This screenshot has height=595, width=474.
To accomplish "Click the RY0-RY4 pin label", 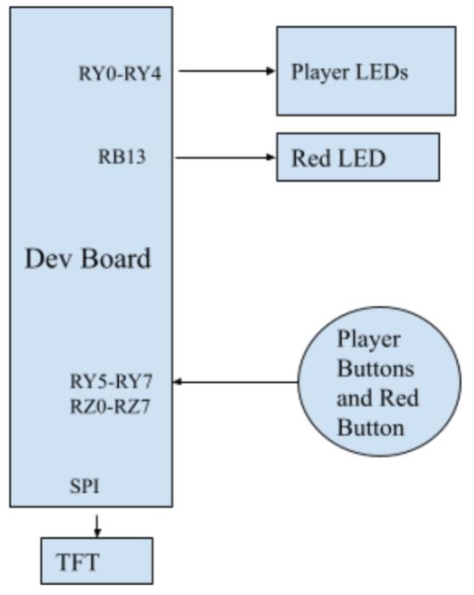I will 120,72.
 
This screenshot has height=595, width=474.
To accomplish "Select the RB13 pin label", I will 122,157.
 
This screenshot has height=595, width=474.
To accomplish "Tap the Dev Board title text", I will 87,259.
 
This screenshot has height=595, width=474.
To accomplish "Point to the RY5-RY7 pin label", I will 112,381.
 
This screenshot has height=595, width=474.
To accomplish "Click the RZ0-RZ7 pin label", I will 112,406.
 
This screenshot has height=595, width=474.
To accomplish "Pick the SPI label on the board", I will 85,487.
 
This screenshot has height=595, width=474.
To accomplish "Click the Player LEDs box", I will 366,71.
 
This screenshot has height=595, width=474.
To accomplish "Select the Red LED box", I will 358,157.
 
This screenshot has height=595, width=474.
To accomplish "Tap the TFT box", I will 97,561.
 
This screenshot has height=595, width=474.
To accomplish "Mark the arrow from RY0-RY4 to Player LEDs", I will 225,71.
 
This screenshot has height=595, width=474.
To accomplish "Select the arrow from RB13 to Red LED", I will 225,157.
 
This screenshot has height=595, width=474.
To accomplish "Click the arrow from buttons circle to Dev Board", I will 234,382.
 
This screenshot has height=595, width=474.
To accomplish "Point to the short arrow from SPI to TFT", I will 97,523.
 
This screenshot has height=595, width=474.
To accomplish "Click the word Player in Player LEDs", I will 318,72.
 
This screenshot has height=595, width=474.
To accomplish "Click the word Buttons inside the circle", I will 375,369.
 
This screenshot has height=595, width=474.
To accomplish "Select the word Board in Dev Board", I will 116,259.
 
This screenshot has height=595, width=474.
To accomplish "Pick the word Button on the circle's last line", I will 370,427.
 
